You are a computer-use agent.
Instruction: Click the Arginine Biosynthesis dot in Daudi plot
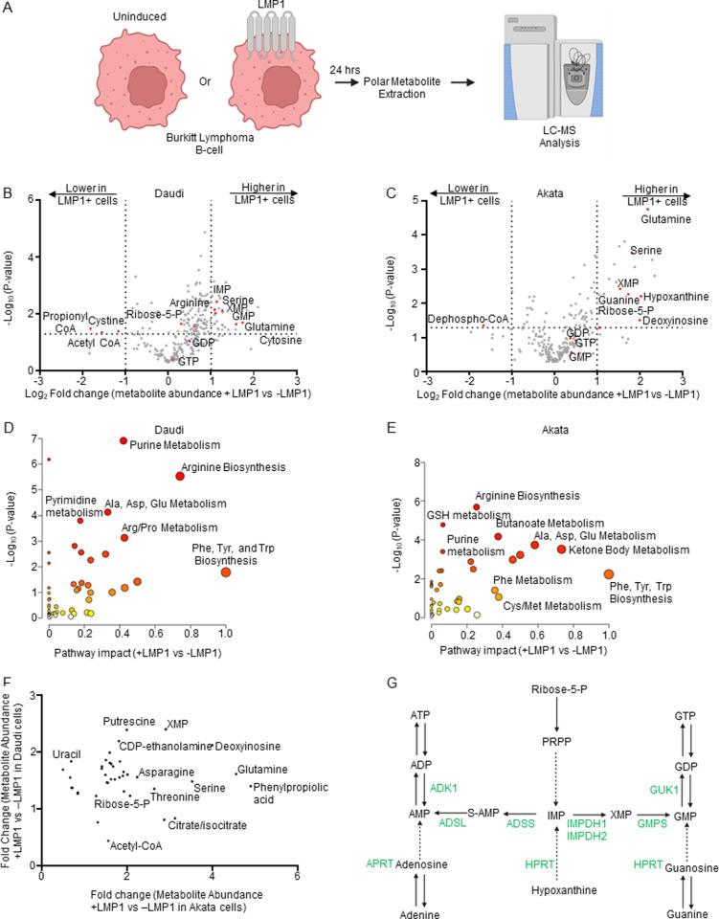click(x=180, y=476)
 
